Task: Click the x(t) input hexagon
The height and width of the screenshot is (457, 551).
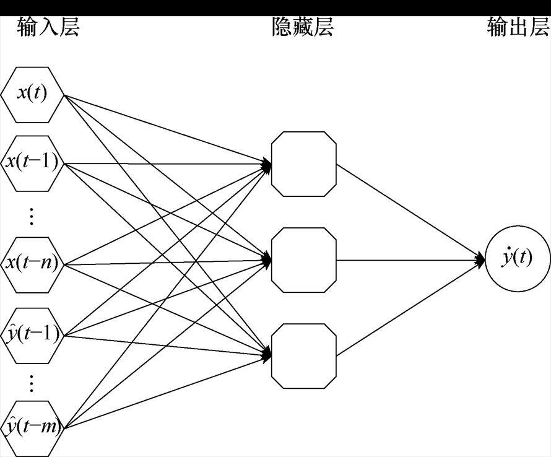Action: click(x=33, y=95)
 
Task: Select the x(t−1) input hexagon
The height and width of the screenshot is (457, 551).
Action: click(x=33, y=163)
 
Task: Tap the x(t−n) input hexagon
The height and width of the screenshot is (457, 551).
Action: click(x=33, y=263)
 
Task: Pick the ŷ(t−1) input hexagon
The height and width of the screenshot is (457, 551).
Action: click(x=33, y=334)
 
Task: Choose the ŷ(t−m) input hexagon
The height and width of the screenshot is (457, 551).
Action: click(x=33, y=427)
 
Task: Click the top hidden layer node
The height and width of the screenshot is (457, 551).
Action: click(x=303, y=163)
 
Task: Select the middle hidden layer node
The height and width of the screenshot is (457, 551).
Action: click(x=303, y=260)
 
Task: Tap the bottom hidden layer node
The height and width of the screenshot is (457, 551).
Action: click(x=303, y=355)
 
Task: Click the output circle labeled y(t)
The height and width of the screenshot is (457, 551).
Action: click(x=518, y=258)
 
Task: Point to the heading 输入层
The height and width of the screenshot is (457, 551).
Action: click(x=48, y=28)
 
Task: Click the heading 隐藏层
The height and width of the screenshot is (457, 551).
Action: click(x=303, y=28)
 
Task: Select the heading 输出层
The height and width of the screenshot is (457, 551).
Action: click(x=518, y=28)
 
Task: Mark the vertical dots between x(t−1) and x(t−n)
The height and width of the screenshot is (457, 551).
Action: click(x=32, y=216)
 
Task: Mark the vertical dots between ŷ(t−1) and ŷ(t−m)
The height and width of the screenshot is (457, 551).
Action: click(x=32, y=383)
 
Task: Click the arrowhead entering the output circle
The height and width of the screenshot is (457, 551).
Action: click(x=481, y=259)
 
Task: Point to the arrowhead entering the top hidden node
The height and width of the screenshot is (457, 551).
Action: click(x=267, y=165)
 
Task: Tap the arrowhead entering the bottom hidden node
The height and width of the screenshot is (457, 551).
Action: click(x=267, y=355)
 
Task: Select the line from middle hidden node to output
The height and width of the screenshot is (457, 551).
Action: click(x=409, y=260)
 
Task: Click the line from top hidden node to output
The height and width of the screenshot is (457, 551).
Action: click(x=409, y=211)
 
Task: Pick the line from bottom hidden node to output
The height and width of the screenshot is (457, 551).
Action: click(x=409, y=308)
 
